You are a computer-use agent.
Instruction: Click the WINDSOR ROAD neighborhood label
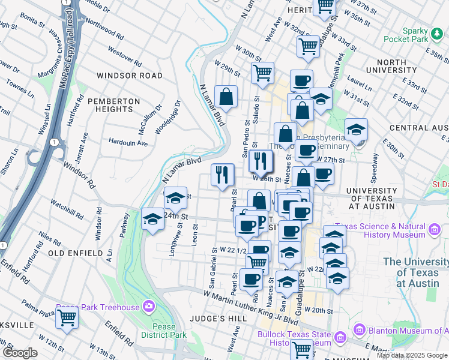pyautogui.click(x=129, y=76)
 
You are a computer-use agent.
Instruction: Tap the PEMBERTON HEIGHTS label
pyautogui.click(x=118, y=106)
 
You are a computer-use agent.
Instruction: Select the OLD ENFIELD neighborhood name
pyautogui.click(x=76, y=254)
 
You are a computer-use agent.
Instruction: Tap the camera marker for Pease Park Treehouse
pyautogui.click(x=149, y=307)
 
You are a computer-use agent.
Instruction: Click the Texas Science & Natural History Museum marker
pyautogui.click(x=436, y=228)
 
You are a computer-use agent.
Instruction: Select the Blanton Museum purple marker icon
pyautogui.click(x=360, y=329)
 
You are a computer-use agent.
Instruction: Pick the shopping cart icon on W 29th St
pyautogui.click(x=262, y=73)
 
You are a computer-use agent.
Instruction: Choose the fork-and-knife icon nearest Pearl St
pyautogui.click(x=223, y=175)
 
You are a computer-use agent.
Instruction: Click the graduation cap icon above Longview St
pyautogui.click(x=175, y=197)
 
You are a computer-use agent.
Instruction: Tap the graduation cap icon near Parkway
pyautogui.click(x=152, y=219)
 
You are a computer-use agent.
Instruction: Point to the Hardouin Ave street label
pyautogui.click(x=128, y=143)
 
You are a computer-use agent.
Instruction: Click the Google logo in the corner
pyautogui.click(x=20, y=353)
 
